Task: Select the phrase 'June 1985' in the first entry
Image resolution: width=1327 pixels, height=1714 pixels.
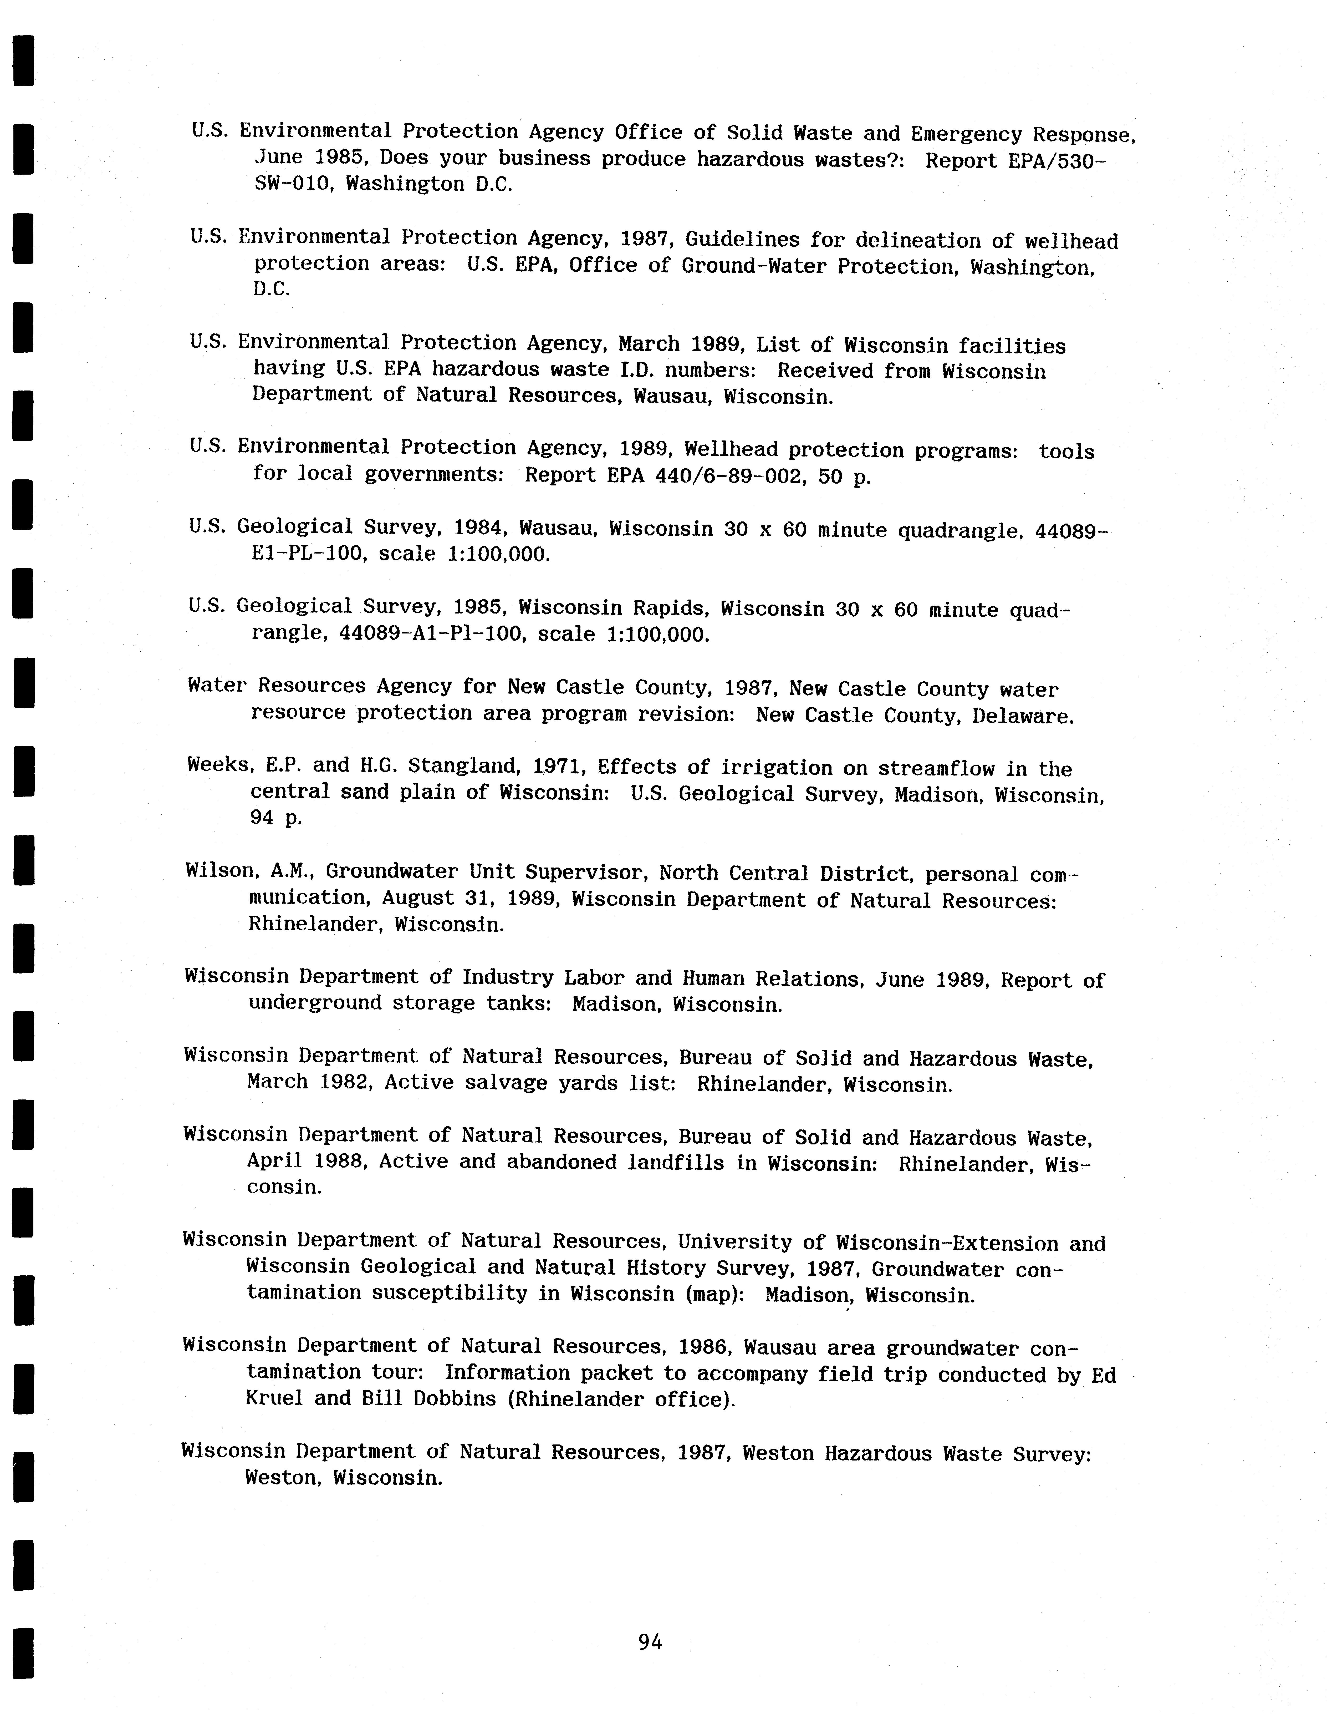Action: (311, 158)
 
